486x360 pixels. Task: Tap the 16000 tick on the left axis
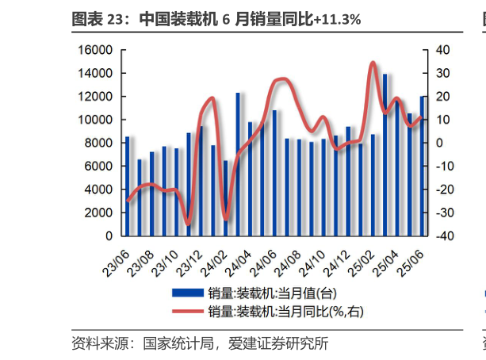click(x=96, y=50)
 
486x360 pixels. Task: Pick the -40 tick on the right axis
click(x=443, y=236)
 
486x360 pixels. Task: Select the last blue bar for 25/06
click(x=423, y=166)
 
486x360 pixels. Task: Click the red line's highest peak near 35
click(x=373, y=63)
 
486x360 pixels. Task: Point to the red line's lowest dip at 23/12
click(x=187, y=224)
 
